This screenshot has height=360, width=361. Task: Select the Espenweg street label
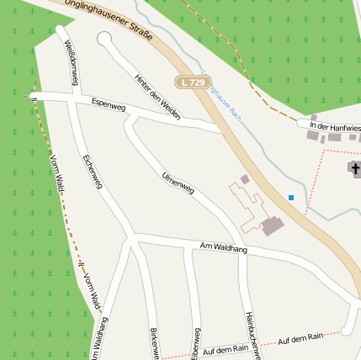pyautogui.click(x=109, y=106)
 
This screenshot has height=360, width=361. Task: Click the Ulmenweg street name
pyautogui.click(x=178, y=183)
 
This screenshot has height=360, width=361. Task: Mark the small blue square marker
pyautogui.click(x=291, y=198)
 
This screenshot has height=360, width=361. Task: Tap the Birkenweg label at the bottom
pyautogui.click(x=155, y=343)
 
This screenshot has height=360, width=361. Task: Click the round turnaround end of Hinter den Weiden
pyautogui.click(x=104, y=39)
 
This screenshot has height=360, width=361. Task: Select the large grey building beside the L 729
pyautogui.click(x=273, y=225)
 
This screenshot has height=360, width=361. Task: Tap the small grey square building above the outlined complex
pyautogui.click(x=245, y=179)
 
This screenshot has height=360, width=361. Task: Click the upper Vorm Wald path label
pyautogui.click(x=51, y=156)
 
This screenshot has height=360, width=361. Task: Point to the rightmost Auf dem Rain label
pyautogui.click(x=300, y=337)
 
